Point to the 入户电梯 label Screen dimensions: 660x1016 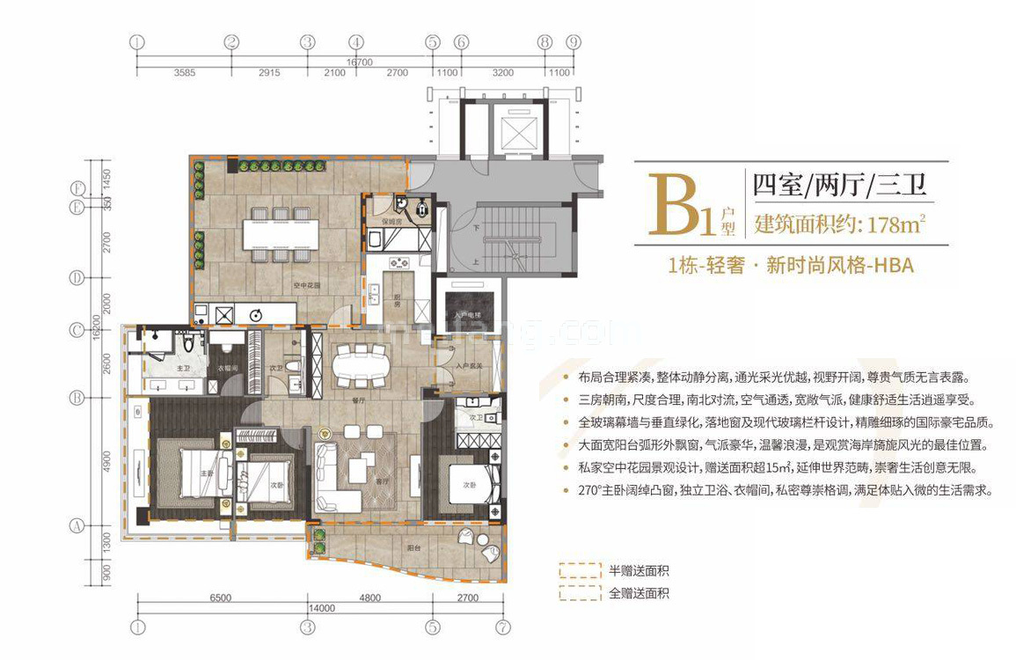pos(465,314)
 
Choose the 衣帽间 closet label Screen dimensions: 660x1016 pos(226,367)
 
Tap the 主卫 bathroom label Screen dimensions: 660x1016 pos(184,369)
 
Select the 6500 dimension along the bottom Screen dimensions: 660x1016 pos(220,598)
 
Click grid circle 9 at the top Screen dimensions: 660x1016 pos(574,41)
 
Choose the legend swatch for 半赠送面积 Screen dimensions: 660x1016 pos(579,569)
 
